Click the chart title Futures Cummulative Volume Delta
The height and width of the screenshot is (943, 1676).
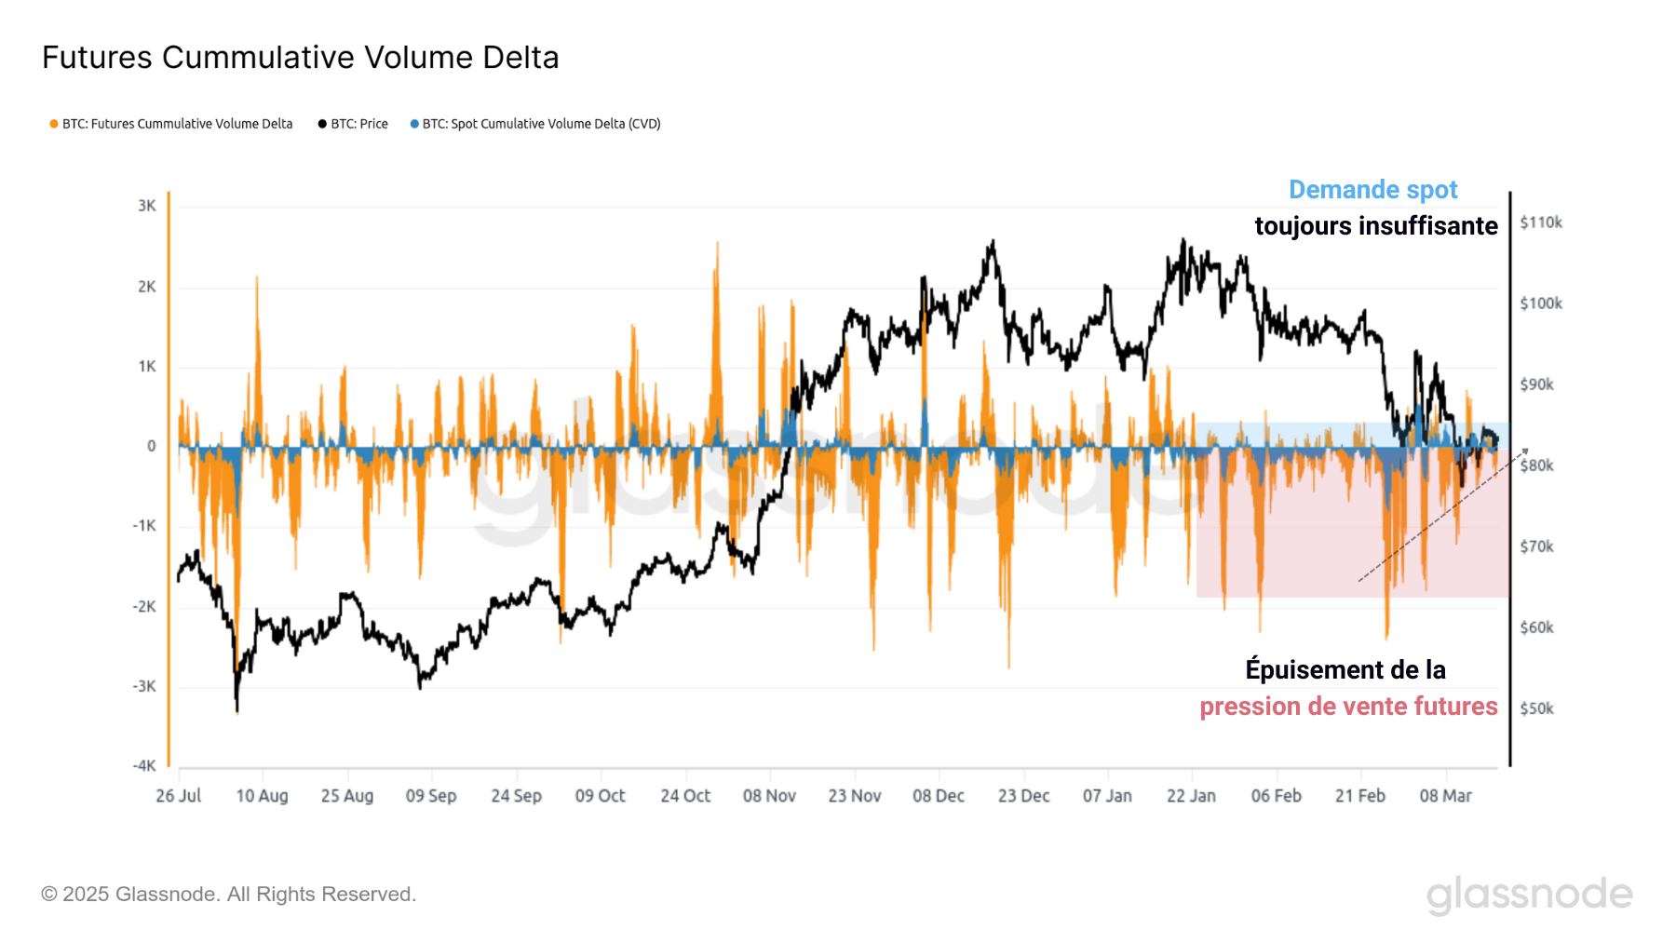pos(300,58)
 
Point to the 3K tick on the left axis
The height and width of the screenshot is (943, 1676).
pos(147,206)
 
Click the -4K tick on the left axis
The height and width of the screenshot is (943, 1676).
pos(144,765)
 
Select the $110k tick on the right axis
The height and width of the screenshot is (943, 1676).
pos(1541,222)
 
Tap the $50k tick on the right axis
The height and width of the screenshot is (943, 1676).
pos(1537,708)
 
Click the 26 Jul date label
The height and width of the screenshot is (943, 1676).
pos(179,796)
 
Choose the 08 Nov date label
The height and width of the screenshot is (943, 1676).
pos(769,796)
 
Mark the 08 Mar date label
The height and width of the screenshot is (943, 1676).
pos(1445,796)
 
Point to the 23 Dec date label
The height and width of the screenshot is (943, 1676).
pos(1023,796)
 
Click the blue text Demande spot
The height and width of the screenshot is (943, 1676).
pos(1372,190)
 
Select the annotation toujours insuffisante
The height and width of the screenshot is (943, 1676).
pos(1375,226)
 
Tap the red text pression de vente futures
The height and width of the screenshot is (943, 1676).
pos(1348,707)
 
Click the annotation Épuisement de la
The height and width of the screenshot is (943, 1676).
pos(1345,670)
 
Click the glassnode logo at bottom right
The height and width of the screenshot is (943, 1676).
pos(1529,895)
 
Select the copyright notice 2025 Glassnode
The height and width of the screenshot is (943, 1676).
pos(228,895)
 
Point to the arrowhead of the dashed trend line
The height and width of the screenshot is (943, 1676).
pos(1525,451)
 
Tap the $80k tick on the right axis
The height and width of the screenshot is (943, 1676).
pos(1537,465)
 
